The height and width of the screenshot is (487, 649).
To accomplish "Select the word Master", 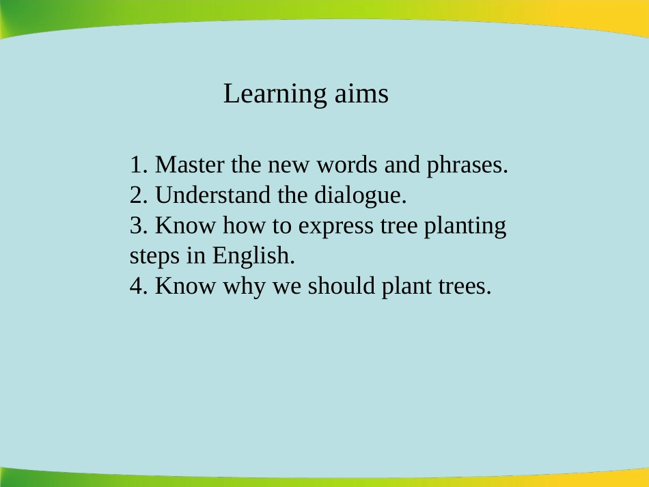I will click(191, 165).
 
